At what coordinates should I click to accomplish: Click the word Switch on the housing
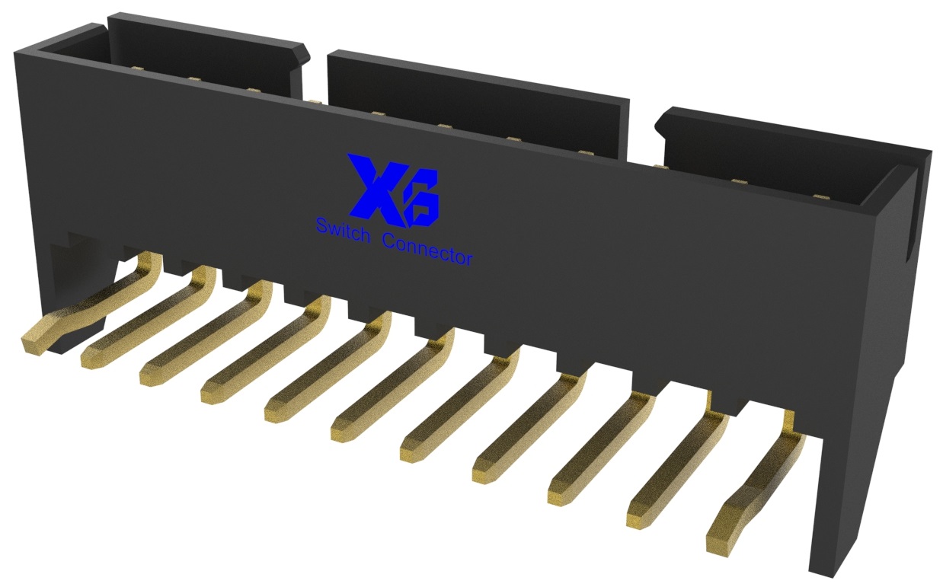click(342, 228)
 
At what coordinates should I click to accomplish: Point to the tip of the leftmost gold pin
click(34, 342)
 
